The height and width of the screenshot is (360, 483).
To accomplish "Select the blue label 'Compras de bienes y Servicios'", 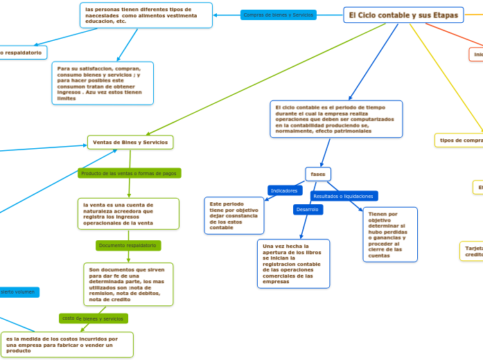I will tap(278, 15).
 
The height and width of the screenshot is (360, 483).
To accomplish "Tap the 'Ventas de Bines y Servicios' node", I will tap(130, 142).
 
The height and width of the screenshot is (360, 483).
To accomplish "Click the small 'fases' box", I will tap(318, 174).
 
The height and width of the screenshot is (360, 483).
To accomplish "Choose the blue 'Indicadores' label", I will tap(284, 190).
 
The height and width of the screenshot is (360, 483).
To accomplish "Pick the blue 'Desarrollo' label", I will tap(307, 209).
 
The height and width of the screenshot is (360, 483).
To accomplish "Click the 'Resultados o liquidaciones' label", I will tap(344, 197).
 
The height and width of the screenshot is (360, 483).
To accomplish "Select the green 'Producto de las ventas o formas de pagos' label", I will tap(129, 173).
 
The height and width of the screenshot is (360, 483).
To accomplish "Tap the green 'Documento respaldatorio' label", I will tap(128, 246).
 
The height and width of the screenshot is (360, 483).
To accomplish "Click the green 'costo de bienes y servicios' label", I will tap(93, 318).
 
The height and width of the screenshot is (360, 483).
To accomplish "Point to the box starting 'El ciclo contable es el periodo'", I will tap(336, 119).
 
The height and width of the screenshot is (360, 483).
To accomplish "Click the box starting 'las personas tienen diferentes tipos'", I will tap(146, 15).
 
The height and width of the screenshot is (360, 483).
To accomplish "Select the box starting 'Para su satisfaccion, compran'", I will tap(103, 83).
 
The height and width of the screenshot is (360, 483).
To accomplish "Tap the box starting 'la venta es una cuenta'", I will tap(129, 214).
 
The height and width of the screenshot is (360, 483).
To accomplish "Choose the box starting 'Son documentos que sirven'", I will tap(128, 283).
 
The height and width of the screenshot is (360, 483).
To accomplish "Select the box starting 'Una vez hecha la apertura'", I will tap(292, 263).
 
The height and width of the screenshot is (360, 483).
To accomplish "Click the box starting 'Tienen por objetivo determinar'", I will tap(390, 235).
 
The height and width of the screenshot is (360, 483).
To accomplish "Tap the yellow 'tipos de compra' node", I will tap(460, 141).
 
